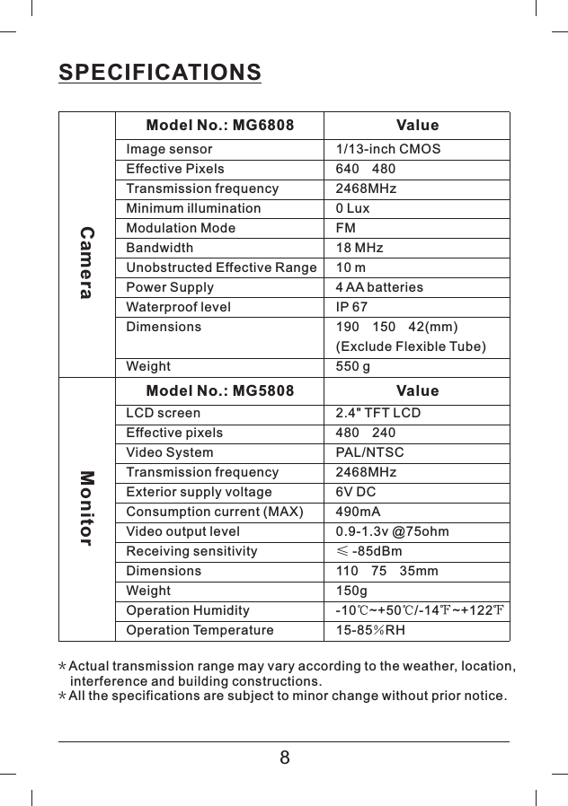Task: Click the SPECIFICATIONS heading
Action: tap(160, 72)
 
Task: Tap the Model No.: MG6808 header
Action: tap(219, 126)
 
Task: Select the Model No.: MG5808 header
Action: tap(219, 391)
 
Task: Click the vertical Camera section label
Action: tap(87, 263)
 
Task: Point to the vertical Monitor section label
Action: tap(87, 508)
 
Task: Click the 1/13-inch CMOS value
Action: tap(387, 149)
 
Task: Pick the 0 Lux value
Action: tap(352, 208)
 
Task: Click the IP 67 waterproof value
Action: tap(351, 307)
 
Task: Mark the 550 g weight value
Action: tap(352, 366)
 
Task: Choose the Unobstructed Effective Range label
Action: tap(221, 267)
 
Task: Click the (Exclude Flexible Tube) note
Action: tap(410, 346)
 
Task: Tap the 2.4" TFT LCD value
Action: tap(377, 413)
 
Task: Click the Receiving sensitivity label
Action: tap(191, 551)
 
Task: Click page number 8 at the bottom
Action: tap(284, 758)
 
